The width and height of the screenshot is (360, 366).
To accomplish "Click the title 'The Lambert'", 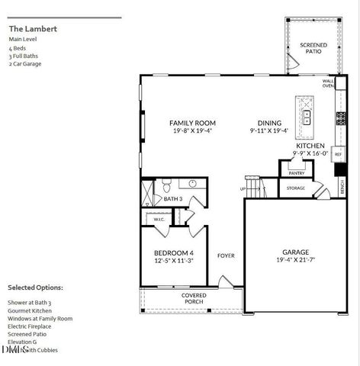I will click(x=33, y=29).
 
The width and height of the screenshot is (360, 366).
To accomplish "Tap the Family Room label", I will click(x=192, y=123).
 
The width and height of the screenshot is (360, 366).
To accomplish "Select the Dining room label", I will click(x=269, y=123).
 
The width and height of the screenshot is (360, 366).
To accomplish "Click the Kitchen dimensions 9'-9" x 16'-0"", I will click(x=288, y=152).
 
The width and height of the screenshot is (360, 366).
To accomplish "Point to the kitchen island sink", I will click(x=307, y=117).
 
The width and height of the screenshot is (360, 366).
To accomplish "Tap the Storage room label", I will click(x=296, y=188).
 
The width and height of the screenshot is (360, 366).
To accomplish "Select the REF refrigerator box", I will click(x=338, y=153).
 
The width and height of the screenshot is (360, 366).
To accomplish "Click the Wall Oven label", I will click(x=329, y=83).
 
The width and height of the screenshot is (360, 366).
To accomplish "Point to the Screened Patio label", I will click(x=313, y=48).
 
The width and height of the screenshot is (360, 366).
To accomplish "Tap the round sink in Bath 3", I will click(x=192, y=184).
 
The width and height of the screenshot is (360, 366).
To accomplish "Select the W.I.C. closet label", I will click(x=159, y=220).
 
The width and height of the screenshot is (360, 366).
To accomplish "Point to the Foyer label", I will click(x=227, y=255).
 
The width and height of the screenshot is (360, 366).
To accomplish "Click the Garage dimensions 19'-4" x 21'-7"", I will click(x=294, y=260).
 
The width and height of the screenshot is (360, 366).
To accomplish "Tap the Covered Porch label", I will click(x=193, y=298).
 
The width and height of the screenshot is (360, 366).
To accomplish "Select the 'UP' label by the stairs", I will click(x=243, y=188).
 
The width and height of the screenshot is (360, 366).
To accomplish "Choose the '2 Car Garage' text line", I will click(x=25, y=63).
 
